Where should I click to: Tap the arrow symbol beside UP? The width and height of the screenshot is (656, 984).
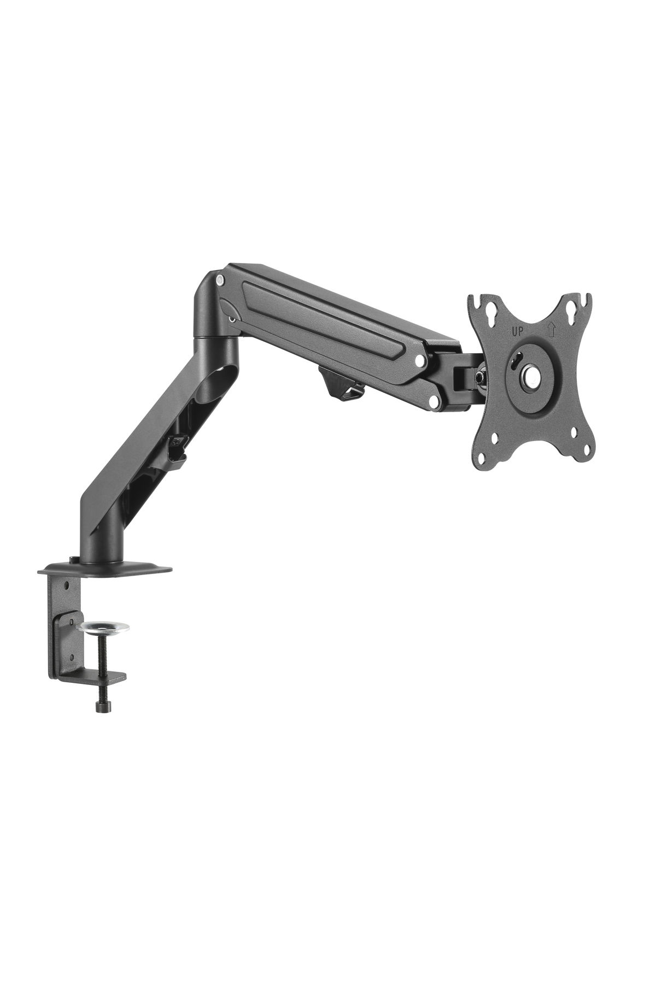[x=551, y=329]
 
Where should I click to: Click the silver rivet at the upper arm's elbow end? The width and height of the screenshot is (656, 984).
[x=220, y=279]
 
